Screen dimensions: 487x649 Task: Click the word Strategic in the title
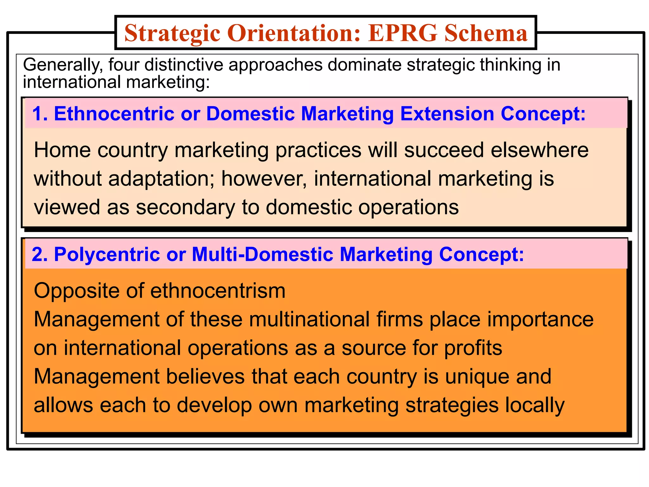(x=172, y=34)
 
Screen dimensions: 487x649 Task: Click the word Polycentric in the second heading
(x=107, y=254)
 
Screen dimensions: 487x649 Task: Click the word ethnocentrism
(x=218, y=291)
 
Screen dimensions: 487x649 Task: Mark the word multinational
(x=309, y=319)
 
